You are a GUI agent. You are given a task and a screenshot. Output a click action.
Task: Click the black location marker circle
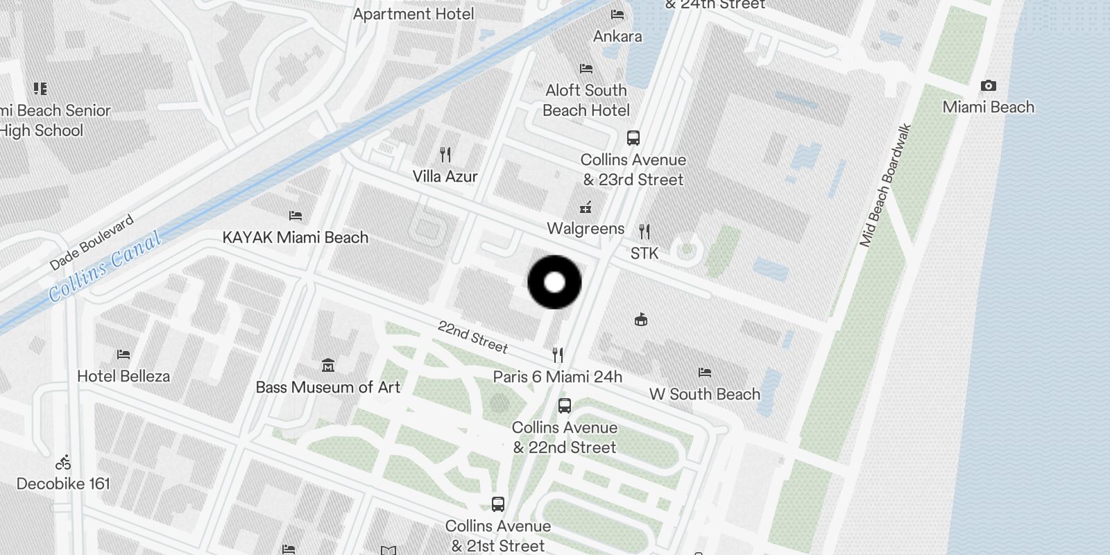(x=554, y=282)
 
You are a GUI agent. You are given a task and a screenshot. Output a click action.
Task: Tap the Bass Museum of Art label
(x=327, y=387)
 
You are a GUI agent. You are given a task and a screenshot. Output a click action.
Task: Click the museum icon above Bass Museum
(x=328, y=365)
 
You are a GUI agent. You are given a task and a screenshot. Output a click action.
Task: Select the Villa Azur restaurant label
(x=445, y=176)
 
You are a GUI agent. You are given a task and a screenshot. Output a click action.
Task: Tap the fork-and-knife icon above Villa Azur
(x=445, y=154)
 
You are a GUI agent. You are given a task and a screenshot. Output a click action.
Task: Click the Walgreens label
(x=586, y=228)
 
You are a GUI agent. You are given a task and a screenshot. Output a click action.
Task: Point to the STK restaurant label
(x=644, y=253)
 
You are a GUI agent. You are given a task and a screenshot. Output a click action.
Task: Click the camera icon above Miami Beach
(x=988, y=86)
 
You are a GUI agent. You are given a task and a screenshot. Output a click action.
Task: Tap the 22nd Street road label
(x=472, y=336)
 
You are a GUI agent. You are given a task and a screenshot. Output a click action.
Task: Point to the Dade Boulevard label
(x=92, y=243)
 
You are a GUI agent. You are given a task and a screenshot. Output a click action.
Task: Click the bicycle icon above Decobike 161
(x=63, y=462)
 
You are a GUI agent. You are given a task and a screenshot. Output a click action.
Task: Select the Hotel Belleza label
(x=123, y=376)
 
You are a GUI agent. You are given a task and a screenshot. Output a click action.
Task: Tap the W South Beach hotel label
(x=704, y=394)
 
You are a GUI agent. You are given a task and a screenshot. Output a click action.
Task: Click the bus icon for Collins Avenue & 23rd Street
(x=633, y=137)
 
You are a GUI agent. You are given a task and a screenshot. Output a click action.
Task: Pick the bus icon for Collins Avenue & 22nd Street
(x=565, y=405)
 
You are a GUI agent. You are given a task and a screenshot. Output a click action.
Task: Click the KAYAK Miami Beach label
(x=295, y=237)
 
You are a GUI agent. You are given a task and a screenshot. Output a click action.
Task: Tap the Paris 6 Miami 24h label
(x=557, y=377)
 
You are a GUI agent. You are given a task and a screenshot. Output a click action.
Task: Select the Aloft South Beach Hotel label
(x=586, y=100)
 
